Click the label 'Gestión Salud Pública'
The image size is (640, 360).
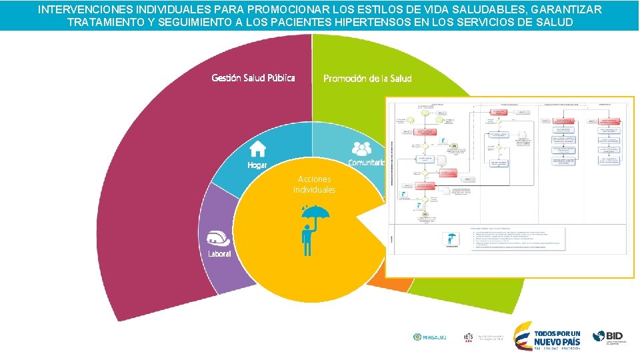pos(253,78)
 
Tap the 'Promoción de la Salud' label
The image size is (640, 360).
pos(367,79)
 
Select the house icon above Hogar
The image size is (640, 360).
pos(257,148)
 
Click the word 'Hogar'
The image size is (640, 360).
pos(257,165)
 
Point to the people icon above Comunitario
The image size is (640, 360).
pos(361,148)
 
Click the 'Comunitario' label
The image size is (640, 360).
pos(366,163)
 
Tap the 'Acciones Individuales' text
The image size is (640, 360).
pos(315,185)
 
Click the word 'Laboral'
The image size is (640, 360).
pos(219,254)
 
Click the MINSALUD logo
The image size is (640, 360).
pos(429,337)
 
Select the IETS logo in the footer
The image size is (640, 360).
pos(469,337)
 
